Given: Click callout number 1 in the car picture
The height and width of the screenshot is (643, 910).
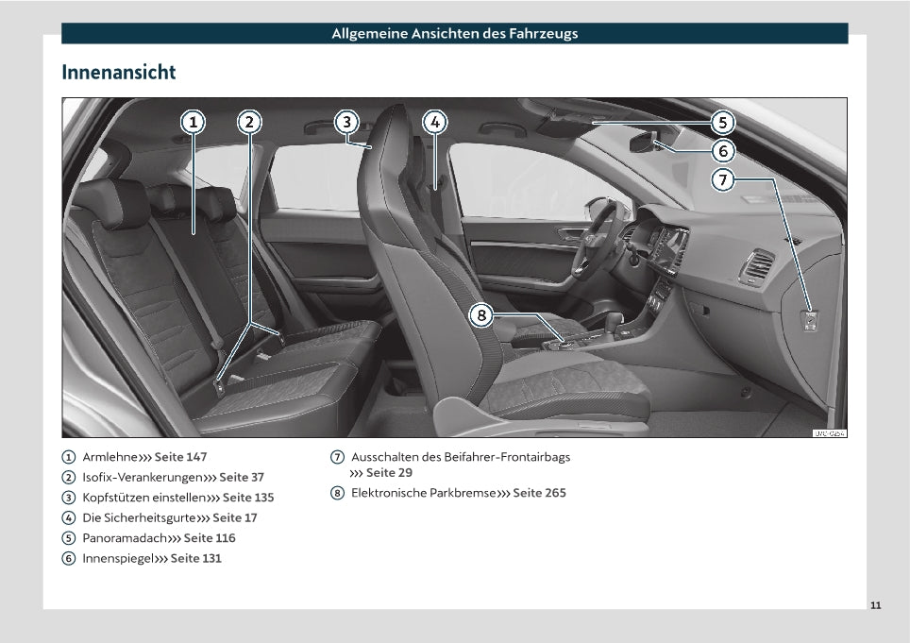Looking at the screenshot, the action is point(194,123).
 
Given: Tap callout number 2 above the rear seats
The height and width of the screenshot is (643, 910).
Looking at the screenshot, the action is point(249,123).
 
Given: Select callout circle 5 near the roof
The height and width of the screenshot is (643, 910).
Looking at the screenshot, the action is point(722,123).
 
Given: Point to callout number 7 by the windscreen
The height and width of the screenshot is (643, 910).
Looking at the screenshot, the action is point(722,179).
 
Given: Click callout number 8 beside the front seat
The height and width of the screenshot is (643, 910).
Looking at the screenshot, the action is point(481,315).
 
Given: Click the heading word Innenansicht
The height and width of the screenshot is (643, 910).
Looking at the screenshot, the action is point(118,72).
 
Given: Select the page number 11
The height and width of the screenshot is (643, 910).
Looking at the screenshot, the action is point(876,605).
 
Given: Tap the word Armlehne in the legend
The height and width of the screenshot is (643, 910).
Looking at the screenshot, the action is point(110,457).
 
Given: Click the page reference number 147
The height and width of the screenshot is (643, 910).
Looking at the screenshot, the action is point(196,457).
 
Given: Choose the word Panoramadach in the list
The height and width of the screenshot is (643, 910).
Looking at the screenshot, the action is point(125,538).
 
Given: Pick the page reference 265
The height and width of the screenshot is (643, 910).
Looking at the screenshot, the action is point(555,493).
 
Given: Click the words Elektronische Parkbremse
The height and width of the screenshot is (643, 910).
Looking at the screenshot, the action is point(424,493).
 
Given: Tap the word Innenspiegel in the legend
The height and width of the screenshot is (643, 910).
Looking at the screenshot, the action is point(118,558).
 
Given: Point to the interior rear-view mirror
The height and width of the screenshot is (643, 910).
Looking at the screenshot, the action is point(644,143).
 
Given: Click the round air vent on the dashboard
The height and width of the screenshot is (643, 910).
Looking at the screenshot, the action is point(757,267).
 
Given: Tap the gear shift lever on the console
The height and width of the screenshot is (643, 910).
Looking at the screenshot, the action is point(613,323).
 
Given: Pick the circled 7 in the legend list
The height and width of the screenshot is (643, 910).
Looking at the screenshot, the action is point(337,457).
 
